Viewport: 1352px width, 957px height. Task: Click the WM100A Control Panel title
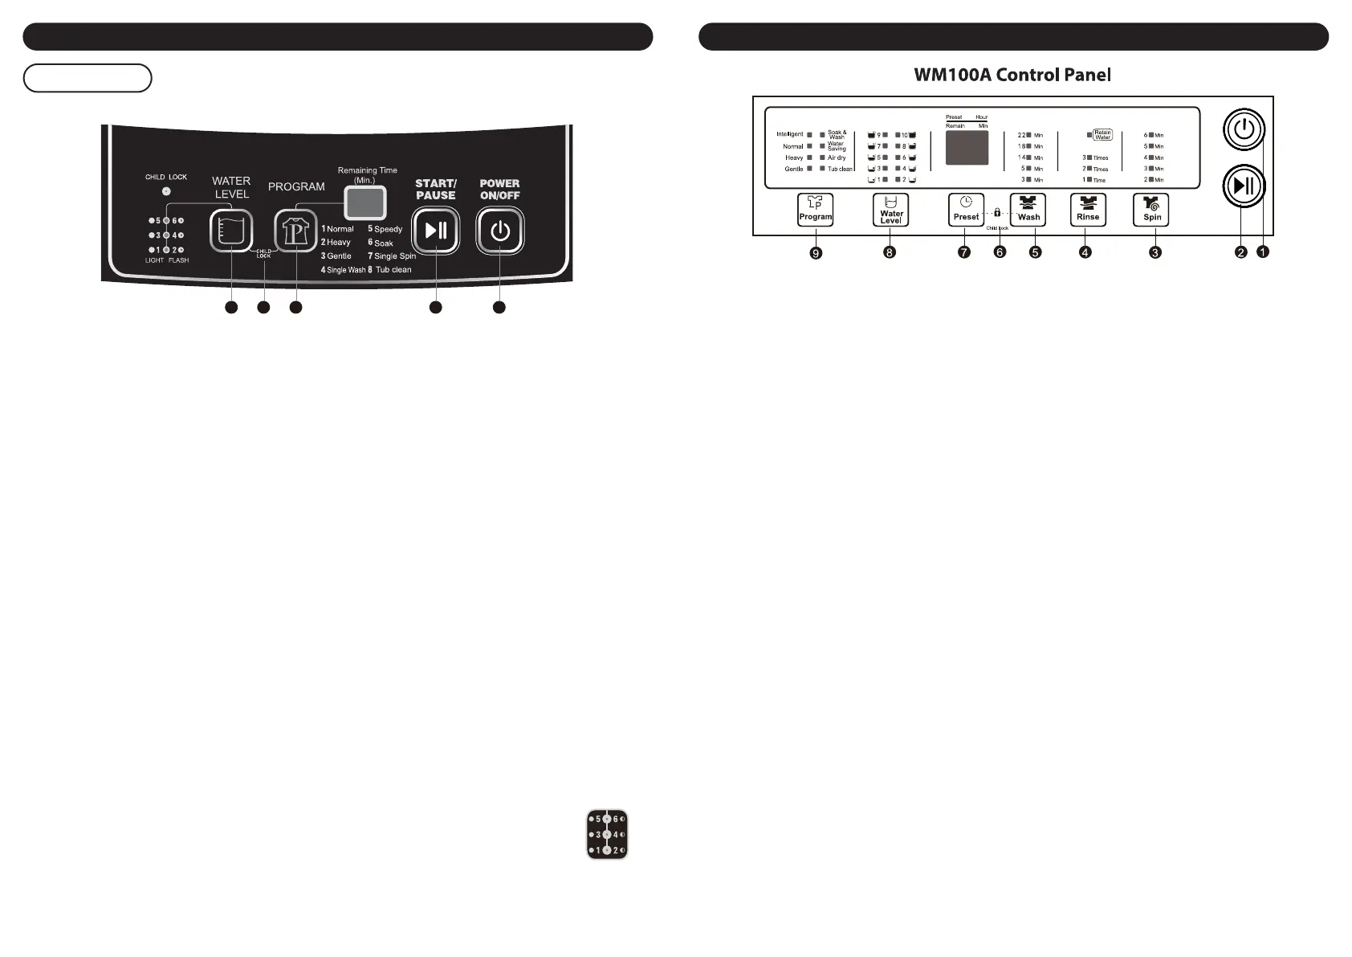[1012, 76]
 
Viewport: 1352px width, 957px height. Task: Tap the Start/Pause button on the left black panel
[436, 231]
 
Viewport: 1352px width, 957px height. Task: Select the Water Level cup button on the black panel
[231, 231]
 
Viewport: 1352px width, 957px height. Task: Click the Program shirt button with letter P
[295, 231]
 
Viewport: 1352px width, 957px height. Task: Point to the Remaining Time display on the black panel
[365, 202]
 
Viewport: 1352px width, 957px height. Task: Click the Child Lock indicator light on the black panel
[166, 191]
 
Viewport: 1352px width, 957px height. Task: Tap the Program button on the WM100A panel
[815, 210]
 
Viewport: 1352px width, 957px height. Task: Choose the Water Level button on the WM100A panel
[890, 210]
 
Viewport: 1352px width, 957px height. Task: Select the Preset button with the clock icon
[966, 210]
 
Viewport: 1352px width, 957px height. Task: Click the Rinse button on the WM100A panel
[1088, 210]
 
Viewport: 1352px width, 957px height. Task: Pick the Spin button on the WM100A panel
[1151, 210]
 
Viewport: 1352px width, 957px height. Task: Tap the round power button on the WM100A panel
[1244, 129]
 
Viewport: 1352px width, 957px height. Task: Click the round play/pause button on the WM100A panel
[1244, 186]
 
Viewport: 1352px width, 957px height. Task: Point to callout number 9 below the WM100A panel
[816, 253]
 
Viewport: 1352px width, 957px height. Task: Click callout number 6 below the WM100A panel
[1000, 252]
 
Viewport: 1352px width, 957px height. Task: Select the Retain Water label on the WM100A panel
[1102, 135]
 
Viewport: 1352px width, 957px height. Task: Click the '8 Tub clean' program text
[390, 270]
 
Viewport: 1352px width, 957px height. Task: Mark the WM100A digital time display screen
[967, 148]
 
